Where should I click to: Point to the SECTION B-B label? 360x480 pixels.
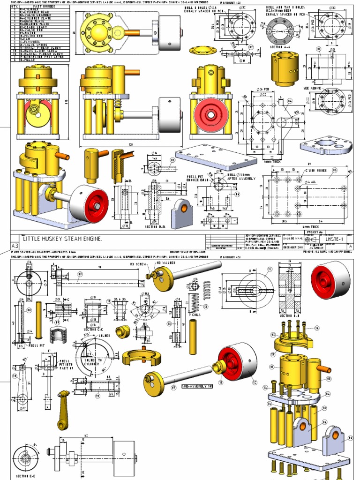coord(154,227)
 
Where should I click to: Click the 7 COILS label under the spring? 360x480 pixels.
coord(195,314)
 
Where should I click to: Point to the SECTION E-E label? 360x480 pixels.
coord(23,476)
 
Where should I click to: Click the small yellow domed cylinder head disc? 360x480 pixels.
coord(202,50)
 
